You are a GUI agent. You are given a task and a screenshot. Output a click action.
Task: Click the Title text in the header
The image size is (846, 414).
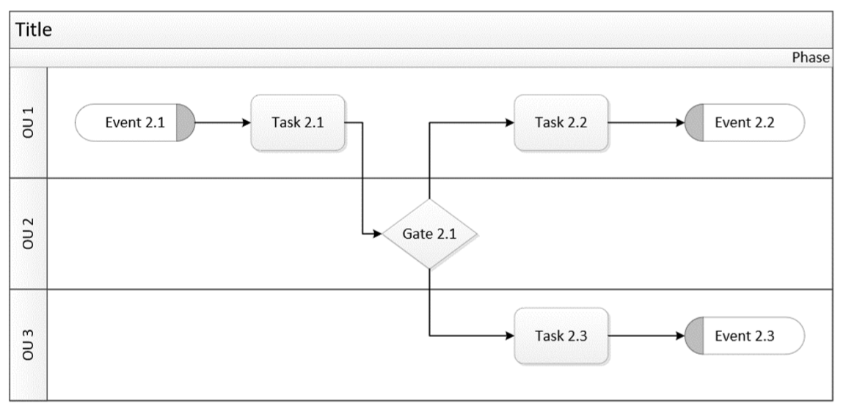coord(33,31)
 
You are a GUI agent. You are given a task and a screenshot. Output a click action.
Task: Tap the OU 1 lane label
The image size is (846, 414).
coord(29,122)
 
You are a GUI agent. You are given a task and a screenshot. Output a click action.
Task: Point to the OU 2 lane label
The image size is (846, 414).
coord(29,233)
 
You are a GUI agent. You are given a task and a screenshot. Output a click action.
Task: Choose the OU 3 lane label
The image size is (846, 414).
coord(29,344)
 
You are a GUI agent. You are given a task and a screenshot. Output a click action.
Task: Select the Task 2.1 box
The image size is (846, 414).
coord(298,122)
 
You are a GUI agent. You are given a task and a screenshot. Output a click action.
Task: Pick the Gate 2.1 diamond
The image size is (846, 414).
coord(430,234)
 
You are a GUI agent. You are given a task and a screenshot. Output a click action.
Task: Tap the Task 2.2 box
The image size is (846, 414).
coord(561,122)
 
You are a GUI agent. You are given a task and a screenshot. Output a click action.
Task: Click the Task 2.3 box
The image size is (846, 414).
coord(561,336)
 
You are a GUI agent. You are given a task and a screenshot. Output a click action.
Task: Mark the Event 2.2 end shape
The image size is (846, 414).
coord(744,122)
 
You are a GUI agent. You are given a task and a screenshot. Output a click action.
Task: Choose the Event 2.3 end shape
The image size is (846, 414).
coord(744,336)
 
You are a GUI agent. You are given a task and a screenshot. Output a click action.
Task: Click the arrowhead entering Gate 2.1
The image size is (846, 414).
coord(377,234)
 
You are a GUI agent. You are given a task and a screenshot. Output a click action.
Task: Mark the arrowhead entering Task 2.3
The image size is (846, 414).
coord(508,336)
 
